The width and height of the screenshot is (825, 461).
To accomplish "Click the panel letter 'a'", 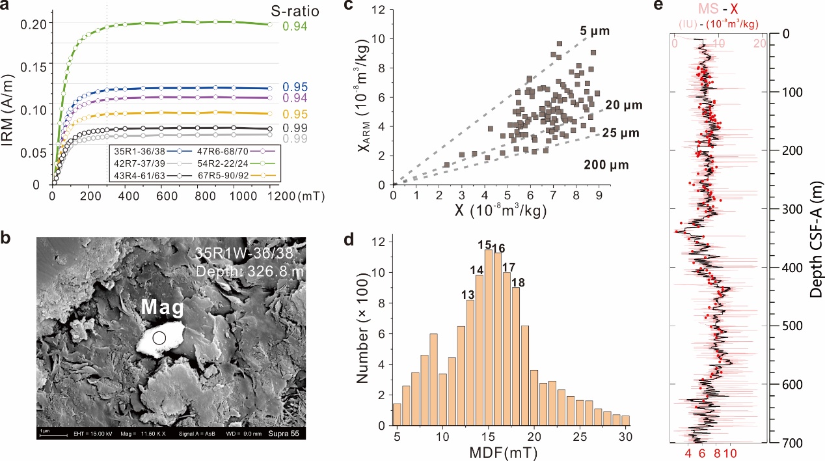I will (x=5, y=6).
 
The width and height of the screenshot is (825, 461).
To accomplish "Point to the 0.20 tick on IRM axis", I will (x=34, y=23).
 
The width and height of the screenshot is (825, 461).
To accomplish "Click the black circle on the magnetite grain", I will (x=159, y=337).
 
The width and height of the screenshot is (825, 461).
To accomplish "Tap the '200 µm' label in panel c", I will (x=607, y=166).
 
